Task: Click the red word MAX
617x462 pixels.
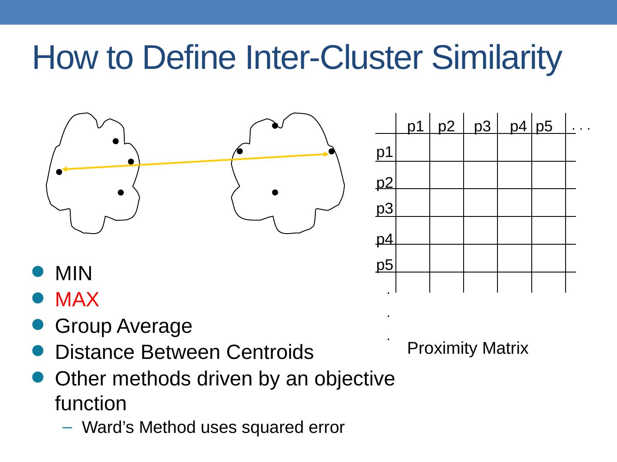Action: point(77,300)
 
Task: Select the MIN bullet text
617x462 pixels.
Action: point(74,273)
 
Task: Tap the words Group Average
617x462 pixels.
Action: point(123,326)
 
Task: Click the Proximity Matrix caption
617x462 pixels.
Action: point(468,349)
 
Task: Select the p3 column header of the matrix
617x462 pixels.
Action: point(482,127)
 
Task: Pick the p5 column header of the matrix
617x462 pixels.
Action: point(544,127)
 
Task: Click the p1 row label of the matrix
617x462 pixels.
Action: point(385,152)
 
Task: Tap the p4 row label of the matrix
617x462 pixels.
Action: point(385,239)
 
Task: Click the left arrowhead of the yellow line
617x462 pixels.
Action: point(64,169)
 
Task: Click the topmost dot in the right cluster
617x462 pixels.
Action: point(275,126)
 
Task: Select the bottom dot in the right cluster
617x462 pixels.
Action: point(275,192)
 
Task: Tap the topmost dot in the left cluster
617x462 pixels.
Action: point(116,141)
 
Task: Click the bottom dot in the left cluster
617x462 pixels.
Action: point(121,193)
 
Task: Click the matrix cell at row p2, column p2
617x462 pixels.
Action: point(446,175)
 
